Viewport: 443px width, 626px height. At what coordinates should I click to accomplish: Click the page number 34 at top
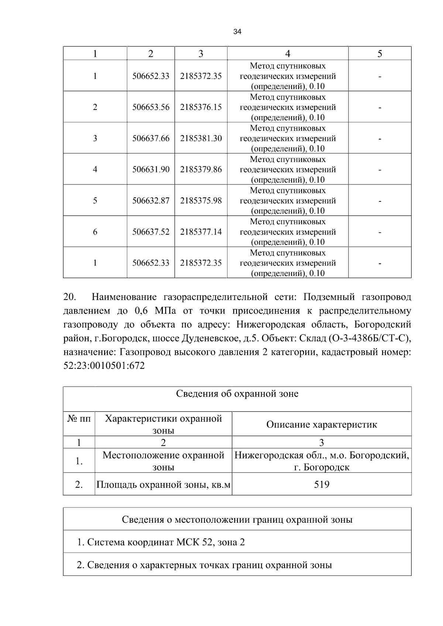pyautogui.click(x=237, y=32)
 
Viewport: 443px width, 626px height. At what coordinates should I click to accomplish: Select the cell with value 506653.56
pyautogui.click(x=151, y=107)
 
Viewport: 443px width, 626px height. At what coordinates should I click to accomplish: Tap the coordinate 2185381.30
pyautogui.click(x=201, y=138)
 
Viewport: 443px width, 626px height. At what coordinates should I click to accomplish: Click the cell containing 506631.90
pyautogui.click(x=151, y=169)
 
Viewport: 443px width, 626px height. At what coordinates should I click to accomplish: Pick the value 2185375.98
pyautogui.click(x=201, y=201)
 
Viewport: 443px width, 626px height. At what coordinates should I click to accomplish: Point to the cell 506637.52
pyautogui.click(x=151, y=232)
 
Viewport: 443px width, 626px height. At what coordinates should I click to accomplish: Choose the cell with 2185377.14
pyautogui.click(x=201, y=232)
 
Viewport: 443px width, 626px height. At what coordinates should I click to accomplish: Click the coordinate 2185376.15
pyautogui.click(x=201, y=107)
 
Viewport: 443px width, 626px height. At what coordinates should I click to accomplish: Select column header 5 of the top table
pyautogui.click(x=380, y=54)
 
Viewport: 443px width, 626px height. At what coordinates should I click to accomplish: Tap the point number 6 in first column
pyautogui.click(x=95, y=232)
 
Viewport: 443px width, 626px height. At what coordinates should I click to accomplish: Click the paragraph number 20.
pyautogui.click(x=69, y=297)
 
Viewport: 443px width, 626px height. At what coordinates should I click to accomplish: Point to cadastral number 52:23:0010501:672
pyautogui.click(x=104, y=366)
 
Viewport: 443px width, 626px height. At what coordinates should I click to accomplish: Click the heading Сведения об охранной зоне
pyautogui.click(x=237, y=394)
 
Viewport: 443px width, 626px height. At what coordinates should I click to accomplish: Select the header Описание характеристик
pyautogui.click(x=322, y=424)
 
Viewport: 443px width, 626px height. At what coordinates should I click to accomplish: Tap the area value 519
pyautogui.click(x=322, y=484)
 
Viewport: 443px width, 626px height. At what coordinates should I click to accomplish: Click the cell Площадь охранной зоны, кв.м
pyautogui.click(x=163, y=484)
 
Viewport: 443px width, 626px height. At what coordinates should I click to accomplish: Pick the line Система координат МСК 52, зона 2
pyautogui.click(x=161, y=542)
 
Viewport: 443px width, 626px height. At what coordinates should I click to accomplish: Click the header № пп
pyautogui.click(x=79, y=419)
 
